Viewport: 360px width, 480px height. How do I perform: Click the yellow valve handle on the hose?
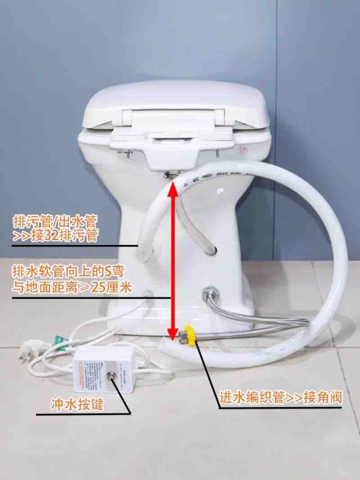(x=190, y=333)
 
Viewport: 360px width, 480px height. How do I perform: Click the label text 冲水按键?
(x=77, y=403)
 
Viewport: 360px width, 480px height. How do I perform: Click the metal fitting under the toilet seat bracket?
(x=171, y=173)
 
